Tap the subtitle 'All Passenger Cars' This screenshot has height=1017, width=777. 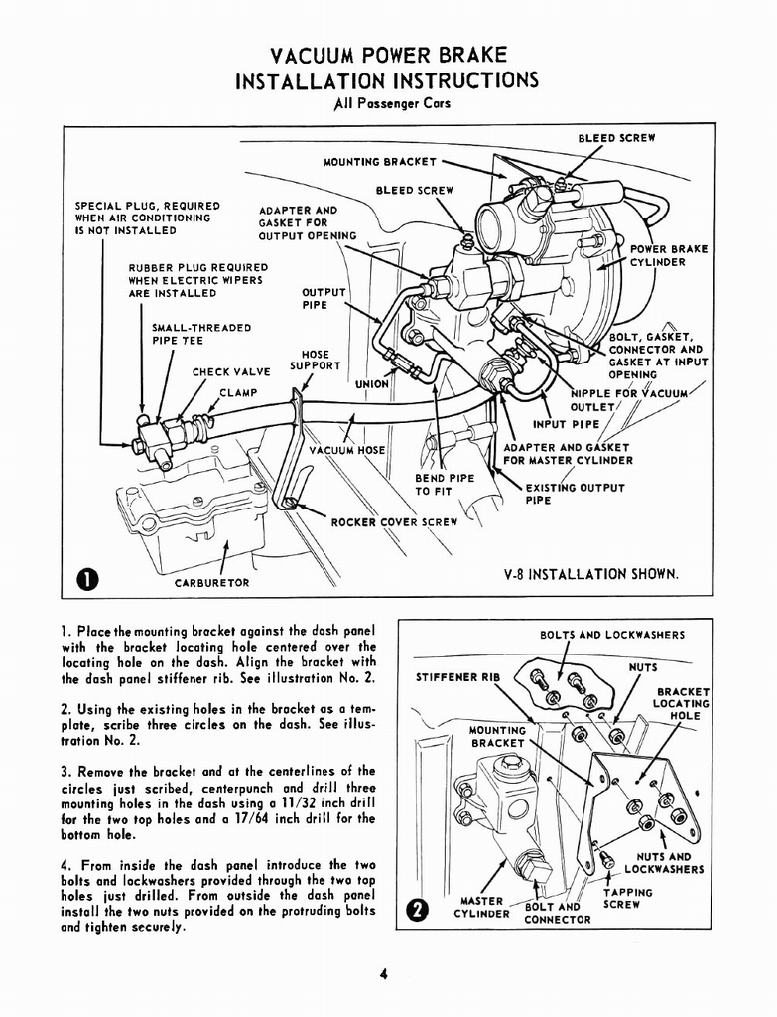coord(388,102)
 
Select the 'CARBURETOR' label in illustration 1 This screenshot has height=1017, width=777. coord(212,583)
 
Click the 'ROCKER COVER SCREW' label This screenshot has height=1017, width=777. coord(394,522)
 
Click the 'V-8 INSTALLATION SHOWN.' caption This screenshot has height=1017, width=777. coord(591,574)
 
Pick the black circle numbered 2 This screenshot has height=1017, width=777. coord(418,908)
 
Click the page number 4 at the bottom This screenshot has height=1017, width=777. coord(382,974)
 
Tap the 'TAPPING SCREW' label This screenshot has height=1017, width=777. coord(627,898)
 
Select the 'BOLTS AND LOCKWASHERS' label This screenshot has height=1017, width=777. coord(611,635)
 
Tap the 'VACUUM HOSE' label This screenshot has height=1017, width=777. coord(346,450)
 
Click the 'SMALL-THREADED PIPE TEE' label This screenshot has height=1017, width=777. coord(200,334)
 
